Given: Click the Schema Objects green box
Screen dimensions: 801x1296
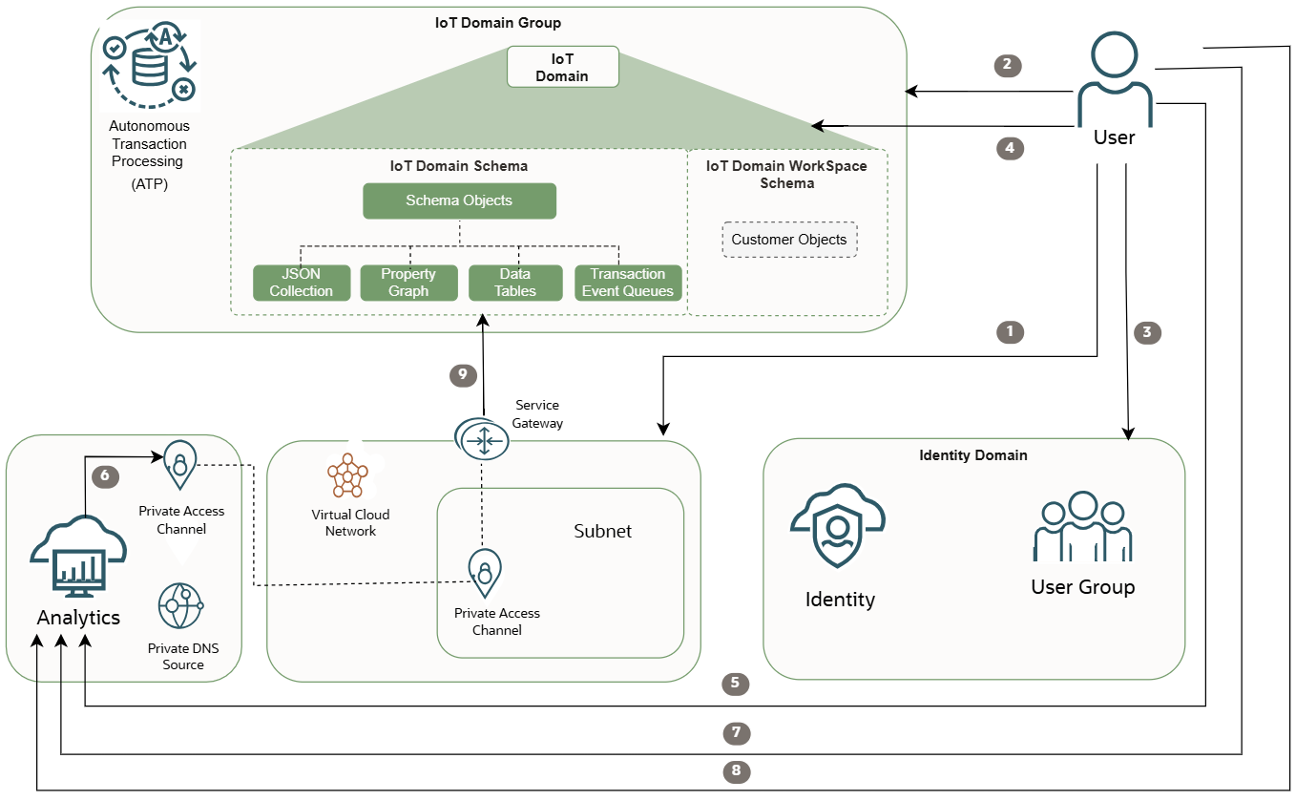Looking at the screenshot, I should pyautogui.click(x=459, y=200).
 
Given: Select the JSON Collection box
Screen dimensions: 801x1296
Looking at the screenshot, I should pyautogui.click(x=301, y=283).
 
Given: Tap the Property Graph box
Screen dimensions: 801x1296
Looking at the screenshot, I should pyautogui.click(x=408, y=283).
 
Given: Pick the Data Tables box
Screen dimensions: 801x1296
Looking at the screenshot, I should pyautogui.click(x=515, y=283).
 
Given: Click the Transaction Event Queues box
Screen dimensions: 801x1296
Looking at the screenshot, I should pyautogui.click(x=628, y=283).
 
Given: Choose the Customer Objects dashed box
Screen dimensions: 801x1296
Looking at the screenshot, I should pyautogui.click(x=789, y=240).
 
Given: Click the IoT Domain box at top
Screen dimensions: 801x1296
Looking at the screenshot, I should pyautogui.click(x=562, y=68).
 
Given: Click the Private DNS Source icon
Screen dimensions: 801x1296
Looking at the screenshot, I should pyautogui.click(x=180, y=606).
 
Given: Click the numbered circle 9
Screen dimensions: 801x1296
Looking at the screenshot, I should pyautogui.click(x=463, y=375).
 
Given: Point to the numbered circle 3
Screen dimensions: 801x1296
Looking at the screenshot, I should pyautogui.click(x=1146, y=332).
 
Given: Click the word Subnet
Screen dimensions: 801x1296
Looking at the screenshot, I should pyautogui.click(x=602, y=531).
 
